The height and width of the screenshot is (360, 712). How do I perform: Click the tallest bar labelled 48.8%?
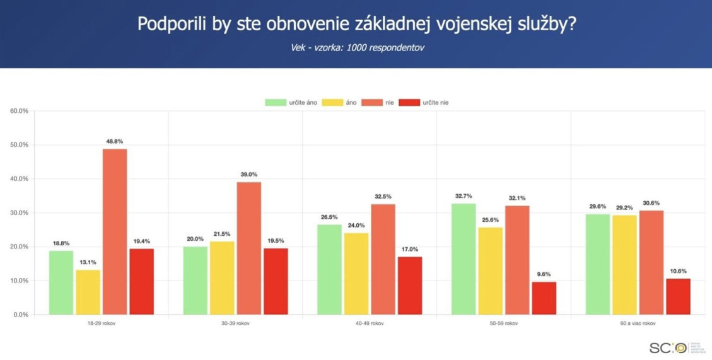(115, 231)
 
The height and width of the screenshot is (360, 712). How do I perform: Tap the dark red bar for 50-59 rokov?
(544, 298)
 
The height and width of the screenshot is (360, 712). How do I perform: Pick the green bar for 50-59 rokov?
(464, 258)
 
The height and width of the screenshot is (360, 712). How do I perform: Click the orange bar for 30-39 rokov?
(248, 248)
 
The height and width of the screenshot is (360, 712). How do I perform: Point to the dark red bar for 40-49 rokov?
(410, 285)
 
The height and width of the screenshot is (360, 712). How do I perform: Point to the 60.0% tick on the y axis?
(19, 111)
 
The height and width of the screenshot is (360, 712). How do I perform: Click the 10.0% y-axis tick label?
(19, 281)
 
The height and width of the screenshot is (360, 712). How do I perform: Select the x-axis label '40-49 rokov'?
(370, 323)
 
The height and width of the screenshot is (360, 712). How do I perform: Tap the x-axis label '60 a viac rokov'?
(638, 323)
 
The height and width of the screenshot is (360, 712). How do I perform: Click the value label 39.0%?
(249, 175)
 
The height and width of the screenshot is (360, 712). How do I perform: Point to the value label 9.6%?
(544, 274)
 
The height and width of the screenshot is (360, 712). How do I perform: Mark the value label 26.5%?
(329, 218)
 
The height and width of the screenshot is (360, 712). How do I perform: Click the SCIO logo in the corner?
(668, 347)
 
